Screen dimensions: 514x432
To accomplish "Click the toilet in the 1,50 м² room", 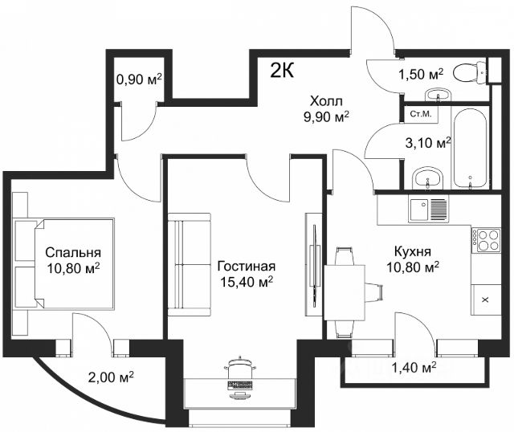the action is [470, 72].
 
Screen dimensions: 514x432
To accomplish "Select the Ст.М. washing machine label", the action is [421, 114].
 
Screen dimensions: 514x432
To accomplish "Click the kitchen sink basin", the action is [418, 209].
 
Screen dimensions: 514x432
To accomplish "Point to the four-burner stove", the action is [487, 241].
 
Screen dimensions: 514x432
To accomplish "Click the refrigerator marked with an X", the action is [486, 300].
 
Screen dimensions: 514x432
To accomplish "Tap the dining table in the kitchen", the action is [345, 292].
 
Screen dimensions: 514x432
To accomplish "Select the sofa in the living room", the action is [190, 264].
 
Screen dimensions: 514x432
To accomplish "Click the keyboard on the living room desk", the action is [240, 385].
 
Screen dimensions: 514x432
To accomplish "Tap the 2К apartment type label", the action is [282, 70].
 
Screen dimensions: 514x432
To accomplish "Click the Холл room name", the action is [326, 101].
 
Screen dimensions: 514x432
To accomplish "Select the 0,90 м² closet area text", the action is [139, 79].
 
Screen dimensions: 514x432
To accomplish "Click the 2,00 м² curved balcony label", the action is [111, 377].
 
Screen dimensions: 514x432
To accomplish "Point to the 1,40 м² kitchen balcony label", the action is [414, 368].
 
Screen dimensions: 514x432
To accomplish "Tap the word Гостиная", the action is [247, 267].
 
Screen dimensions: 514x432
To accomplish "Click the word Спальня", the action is [73, 253].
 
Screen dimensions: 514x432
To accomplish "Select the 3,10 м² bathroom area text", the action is [428, 143].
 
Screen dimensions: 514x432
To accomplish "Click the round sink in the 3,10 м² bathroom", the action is [427, 178].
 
